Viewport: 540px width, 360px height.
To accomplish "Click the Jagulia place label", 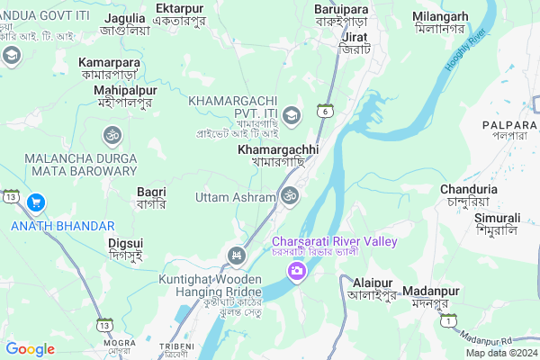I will tap(125, 18).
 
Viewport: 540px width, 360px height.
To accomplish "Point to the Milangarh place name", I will tap(439, 17).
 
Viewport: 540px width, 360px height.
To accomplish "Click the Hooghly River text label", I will tap(465, 50).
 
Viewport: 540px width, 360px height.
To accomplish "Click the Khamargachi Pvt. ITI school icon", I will tap(292, 115).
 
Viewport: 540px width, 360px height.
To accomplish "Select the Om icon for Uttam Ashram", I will tap(290, 195).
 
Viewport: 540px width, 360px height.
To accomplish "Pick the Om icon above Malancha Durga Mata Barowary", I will tap(112, 136).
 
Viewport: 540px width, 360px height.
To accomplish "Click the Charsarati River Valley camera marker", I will tap(295, 270).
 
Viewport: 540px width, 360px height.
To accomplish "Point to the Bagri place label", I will tap(151, 192).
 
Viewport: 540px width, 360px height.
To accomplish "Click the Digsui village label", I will tap(125, 243).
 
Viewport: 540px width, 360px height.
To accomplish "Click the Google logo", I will tap(31, 349).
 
